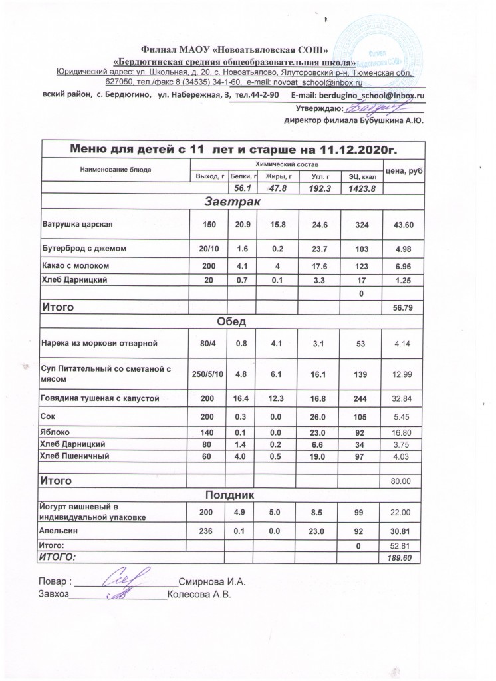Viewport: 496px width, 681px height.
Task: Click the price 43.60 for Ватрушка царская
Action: click(x=404, y=224)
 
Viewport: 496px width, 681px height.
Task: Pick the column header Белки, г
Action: click(x=243, y=176)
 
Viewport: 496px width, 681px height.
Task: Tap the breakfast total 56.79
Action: click(x=404, y=309)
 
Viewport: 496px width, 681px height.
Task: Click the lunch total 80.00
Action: click(x=404, y=480)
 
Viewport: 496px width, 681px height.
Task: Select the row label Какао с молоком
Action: click(x=74, y=266)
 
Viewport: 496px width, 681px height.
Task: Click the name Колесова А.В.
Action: click(x=199, y=594)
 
